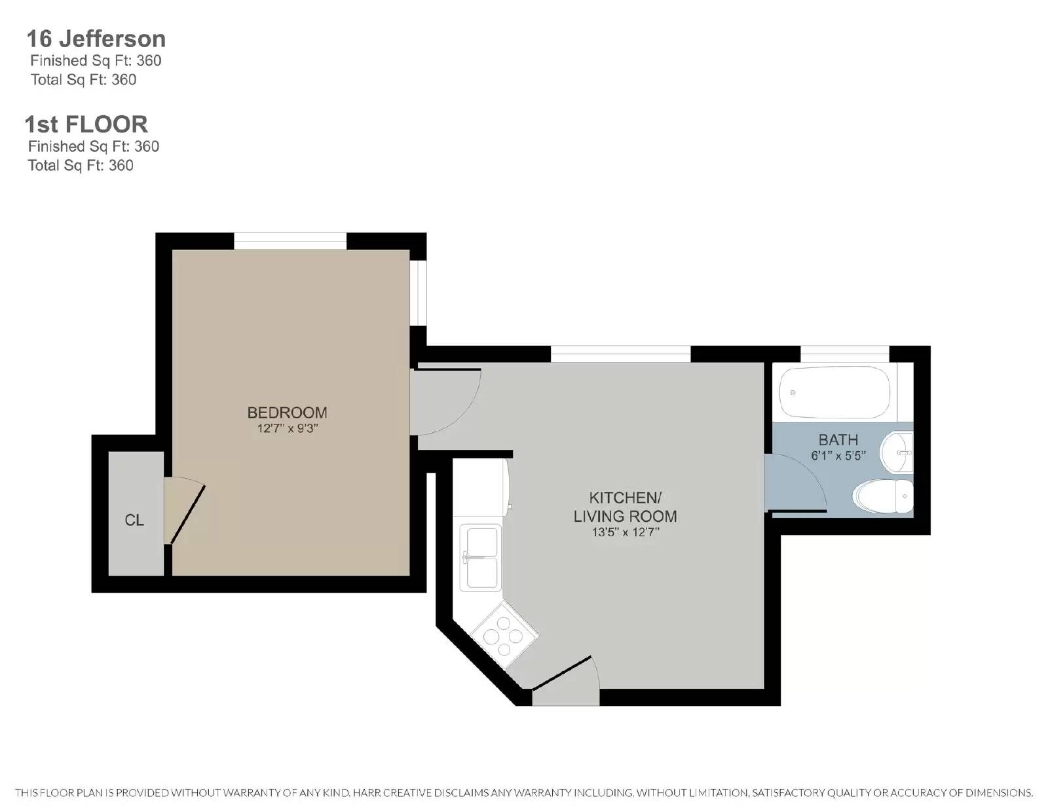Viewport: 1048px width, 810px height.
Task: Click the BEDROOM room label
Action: [287, 413]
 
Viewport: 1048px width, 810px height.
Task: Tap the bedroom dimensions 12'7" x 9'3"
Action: [288, 429]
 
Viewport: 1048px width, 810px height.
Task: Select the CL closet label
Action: [134, 520]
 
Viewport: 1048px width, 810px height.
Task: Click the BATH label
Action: [838, 440]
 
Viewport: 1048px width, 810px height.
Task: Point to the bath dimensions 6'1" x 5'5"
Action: [838, 456]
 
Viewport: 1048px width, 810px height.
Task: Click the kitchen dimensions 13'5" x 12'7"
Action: [625, 532]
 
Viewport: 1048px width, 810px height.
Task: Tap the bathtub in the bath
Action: [836, 394]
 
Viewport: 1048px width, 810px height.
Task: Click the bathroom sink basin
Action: [896, 452]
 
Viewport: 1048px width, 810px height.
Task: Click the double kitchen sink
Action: [481, 557]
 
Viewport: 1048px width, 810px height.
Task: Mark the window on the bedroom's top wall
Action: [290, 241]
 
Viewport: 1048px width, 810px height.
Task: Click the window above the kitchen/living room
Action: [620, 354]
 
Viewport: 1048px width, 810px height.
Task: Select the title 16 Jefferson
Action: [96, 39]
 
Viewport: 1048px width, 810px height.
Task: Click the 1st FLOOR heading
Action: [86, 124]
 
